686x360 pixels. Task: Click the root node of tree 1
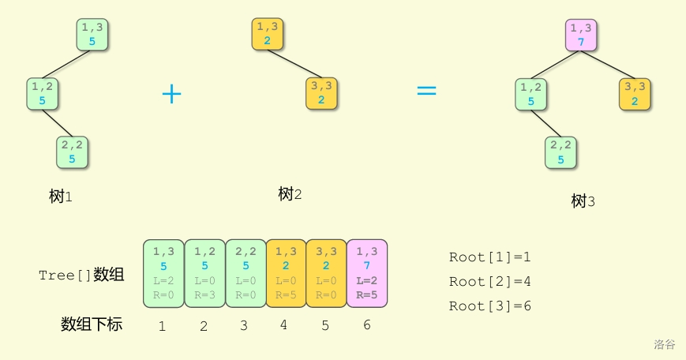click(x=92, y=34)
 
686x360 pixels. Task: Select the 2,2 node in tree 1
click(x=71, y=152)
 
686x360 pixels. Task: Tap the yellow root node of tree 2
click(x=268, y=34)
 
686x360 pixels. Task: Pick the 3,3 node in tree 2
click(x=321, y=93)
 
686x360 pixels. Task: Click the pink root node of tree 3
click(x=581, y=35)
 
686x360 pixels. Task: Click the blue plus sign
click(x=171, y=94)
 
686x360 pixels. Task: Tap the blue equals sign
click(x=426, y=91)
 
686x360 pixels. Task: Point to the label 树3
click(x=583, y=201)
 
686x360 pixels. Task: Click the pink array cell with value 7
click(x=367, y=273)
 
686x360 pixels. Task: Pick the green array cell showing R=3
click(x=204, y=273)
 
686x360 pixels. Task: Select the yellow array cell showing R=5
click(x=286, y=273)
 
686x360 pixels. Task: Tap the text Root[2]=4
click(x=489, y=281)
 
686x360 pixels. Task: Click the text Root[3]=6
click(x=489, y=306)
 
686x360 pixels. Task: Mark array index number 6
click(x=366, y=324)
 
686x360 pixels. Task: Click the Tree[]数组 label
click(x=81, y=275)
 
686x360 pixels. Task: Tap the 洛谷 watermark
click(x=664, y=344)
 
